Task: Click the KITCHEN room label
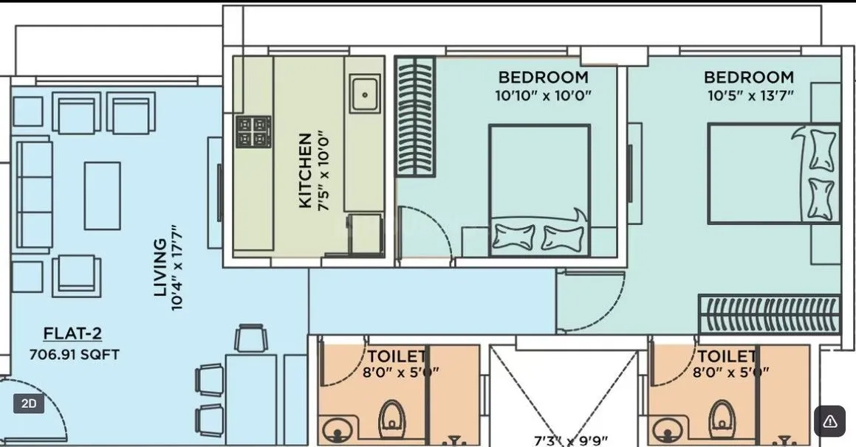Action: [304, 170]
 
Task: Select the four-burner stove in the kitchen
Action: [253, 132]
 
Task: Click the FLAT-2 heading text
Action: [72, 333]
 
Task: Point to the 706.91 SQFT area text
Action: [74, 354]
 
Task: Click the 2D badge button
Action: [29, 403]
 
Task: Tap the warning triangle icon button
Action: [829, 421]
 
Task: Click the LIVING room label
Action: [160, 267]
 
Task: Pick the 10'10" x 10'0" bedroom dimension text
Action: [543, 95]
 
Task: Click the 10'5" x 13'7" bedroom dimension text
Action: [749, 95]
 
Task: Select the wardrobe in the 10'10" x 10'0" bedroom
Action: [415, 116]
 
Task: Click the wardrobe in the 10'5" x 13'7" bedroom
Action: [769, 314]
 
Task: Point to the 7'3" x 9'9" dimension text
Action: [571, 440]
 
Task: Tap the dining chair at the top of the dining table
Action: [250, 339]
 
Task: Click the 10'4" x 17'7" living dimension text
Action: [177, 267]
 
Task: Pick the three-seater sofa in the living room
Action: [34, 195]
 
